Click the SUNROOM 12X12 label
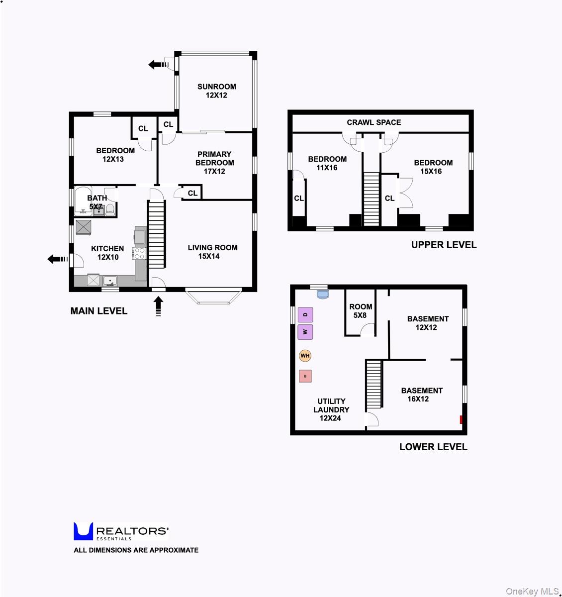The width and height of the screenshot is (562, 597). pyautogui.click(x=216, y=91)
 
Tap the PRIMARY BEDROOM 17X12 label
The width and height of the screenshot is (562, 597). pyautogui.click(x=214, y=163)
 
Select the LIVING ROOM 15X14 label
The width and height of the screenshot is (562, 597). pyautogui.click(x=212, y=252)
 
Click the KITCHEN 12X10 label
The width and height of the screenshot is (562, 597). pyautogui.click(x=107, y=253)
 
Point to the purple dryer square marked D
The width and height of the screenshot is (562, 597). pyautogui.click(x=305, y=314)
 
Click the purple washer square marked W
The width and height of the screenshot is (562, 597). pyautogui.click(x=305, y=332)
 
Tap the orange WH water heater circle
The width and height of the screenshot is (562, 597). pyautogui.click(x=305, y=356)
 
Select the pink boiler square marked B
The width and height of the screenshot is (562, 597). pyautogui.click(x=305, y=376)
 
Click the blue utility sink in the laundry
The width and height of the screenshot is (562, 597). pyautogui.click(x=323, y=295)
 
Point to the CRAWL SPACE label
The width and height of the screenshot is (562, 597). pyautogui.click(x=374, y=122)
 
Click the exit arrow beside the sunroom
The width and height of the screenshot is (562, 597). pyautogui.click(x=159, y=64)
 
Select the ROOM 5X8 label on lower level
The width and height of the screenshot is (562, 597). pyautogui.click(x=361, y=311)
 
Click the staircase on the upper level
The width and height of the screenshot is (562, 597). pyautogui.click(x=371, y=198)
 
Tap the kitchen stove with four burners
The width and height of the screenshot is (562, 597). pyautogui.click(x=139, y=253)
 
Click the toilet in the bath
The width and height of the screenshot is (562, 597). pyautogui.click(x=110, y=211)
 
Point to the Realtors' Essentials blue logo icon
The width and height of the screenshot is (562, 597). pyautogui.click(x=83, y=531)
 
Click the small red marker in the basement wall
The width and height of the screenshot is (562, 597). pyautogui.click(x=462, y=419)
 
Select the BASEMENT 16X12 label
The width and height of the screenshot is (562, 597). pyautogui.click(x=422, y=395)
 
